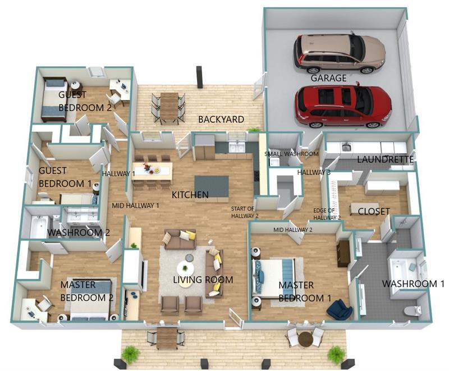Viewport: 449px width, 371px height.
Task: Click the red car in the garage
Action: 343,106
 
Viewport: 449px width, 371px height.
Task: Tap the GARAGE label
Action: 328,78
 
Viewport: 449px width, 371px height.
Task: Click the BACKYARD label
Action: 221,120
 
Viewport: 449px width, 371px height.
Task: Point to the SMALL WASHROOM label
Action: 291,154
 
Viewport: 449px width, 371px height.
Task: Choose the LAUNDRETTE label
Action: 385,159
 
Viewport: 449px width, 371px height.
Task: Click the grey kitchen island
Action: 212,189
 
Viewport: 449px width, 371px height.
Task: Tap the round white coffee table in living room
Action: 185,269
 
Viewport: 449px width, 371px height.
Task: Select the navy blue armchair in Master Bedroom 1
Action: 340,309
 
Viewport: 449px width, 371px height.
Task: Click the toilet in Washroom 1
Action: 413,310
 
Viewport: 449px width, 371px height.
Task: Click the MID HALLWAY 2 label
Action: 292,230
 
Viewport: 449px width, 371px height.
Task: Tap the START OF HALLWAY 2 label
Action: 245,212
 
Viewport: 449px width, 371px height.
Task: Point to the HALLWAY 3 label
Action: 314,172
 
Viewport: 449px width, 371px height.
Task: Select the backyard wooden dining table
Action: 169,108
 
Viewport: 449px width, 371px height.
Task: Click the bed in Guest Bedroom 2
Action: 54,99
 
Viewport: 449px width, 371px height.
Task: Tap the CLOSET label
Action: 374,212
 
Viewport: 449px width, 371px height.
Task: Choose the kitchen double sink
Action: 236,148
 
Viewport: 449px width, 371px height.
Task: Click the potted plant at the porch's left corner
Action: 131,355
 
